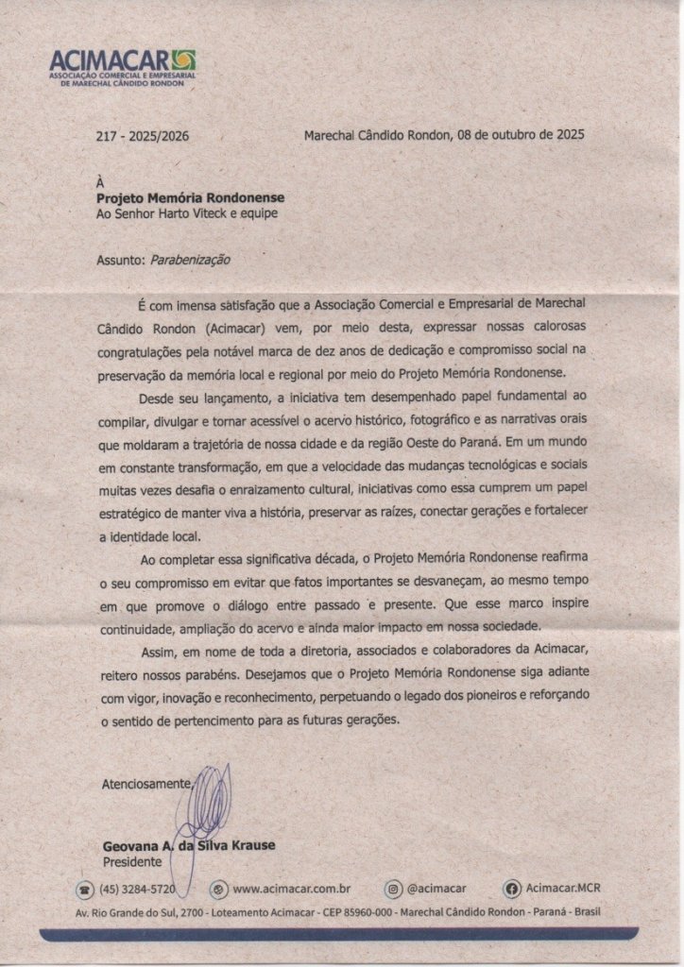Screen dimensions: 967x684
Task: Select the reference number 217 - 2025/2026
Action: (x=143, y=136)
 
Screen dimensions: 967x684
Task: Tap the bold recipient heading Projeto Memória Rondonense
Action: (x=190, y=197)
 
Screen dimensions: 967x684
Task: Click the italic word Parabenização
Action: (x=191, y=259)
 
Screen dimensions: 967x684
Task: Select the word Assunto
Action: (x=118, y=259)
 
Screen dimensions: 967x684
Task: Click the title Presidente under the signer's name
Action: (x=131, y=862)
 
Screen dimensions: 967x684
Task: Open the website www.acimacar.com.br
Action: (x=292, y=889)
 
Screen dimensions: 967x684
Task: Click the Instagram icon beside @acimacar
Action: (x=393, y=889)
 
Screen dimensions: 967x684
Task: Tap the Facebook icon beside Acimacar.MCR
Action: (x=512, y=889)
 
